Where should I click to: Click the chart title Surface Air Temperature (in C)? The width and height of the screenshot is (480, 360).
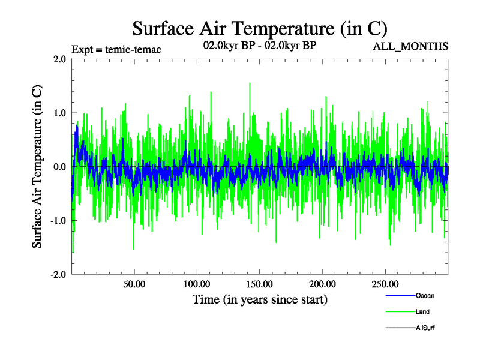259,29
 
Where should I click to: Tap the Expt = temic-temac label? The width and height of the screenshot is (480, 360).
116,49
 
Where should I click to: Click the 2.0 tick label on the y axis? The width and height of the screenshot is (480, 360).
59,59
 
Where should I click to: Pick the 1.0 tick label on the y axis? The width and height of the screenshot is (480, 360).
59,113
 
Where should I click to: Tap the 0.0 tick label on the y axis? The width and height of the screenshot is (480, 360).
59,167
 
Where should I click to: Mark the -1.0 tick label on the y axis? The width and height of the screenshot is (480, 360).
58,221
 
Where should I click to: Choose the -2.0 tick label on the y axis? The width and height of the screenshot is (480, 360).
58,275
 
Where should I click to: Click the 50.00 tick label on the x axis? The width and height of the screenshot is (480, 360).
134,284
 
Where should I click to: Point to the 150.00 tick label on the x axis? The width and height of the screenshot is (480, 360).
259,284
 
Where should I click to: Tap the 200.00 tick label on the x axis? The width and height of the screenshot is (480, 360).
322,284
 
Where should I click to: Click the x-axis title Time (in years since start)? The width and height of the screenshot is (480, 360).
260,299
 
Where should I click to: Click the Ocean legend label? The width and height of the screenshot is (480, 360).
425,295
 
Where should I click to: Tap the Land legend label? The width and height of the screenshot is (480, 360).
422,311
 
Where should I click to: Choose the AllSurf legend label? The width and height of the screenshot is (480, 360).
425,328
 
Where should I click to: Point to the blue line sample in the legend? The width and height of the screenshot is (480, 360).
400,296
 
